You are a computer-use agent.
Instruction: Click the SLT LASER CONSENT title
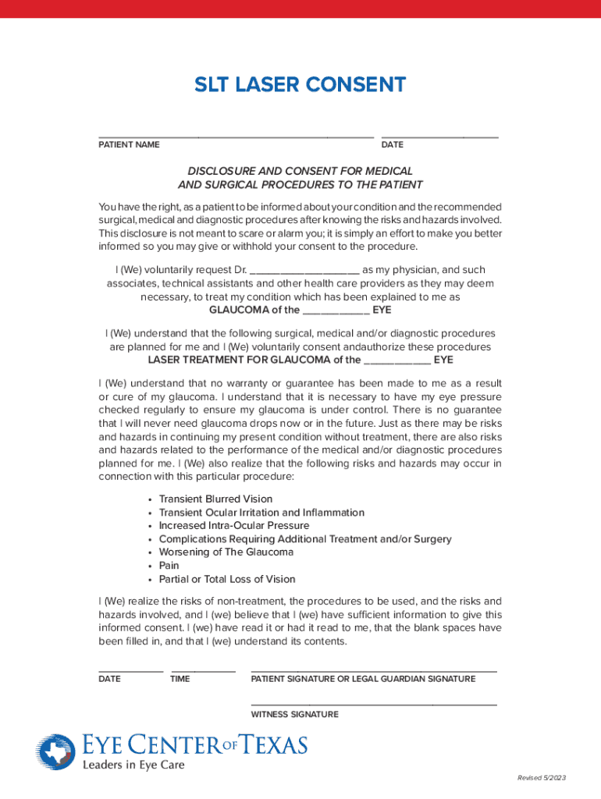click(x=300, y=85)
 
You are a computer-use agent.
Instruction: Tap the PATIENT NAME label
click(x=129, y=145)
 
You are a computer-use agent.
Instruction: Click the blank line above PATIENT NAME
click(x=235, y=137)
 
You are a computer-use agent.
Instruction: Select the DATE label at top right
click(x=392, y=145)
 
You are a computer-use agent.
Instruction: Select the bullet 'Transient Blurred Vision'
click(x=215, y=499)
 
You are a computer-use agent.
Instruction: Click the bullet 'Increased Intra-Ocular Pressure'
click(x=234, y=526)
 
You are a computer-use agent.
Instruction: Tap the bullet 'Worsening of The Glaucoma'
click(x=226, y=552)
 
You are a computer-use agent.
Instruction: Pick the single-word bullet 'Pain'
click(x=169, y=566)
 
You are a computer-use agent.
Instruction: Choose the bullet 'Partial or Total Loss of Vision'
click(x=227, y=580)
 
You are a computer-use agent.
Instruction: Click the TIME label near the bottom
click(x=180, y=679)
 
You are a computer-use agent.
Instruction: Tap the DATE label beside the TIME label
click(x=109, y=679)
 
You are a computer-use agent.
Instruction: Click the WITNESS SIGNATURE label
click(x=294, y=715)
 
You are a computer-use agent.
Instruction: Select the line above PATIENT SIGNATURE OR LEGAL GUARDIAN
click(x=373, y=670)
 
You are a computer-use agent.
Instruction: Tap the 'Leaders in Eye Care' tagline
click(x=133, y=765)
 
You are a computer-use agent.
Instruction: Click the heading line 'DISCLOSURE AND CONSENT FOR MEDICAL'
click(x=300, y=171)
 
